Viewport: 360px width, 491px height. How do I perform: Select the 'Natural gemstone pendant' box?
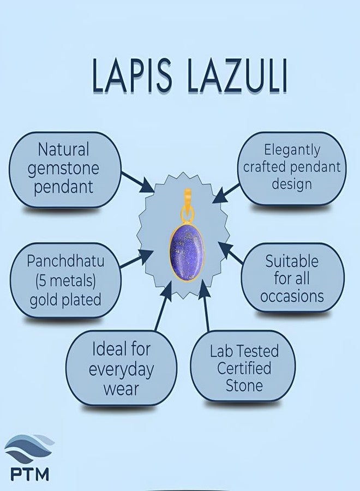64,169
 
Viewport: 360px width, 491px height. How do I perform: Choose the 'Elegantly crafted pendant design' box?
292,167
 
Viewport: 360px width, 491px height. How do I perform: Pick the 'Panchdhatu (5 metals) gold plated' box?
64,280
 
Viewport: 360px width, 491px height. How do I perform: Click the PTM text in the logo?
29,472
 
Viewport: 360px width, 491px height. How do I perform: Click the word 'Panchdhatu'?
65,261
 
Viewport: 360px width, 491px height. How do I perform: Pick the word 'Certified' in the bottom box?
244,368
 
